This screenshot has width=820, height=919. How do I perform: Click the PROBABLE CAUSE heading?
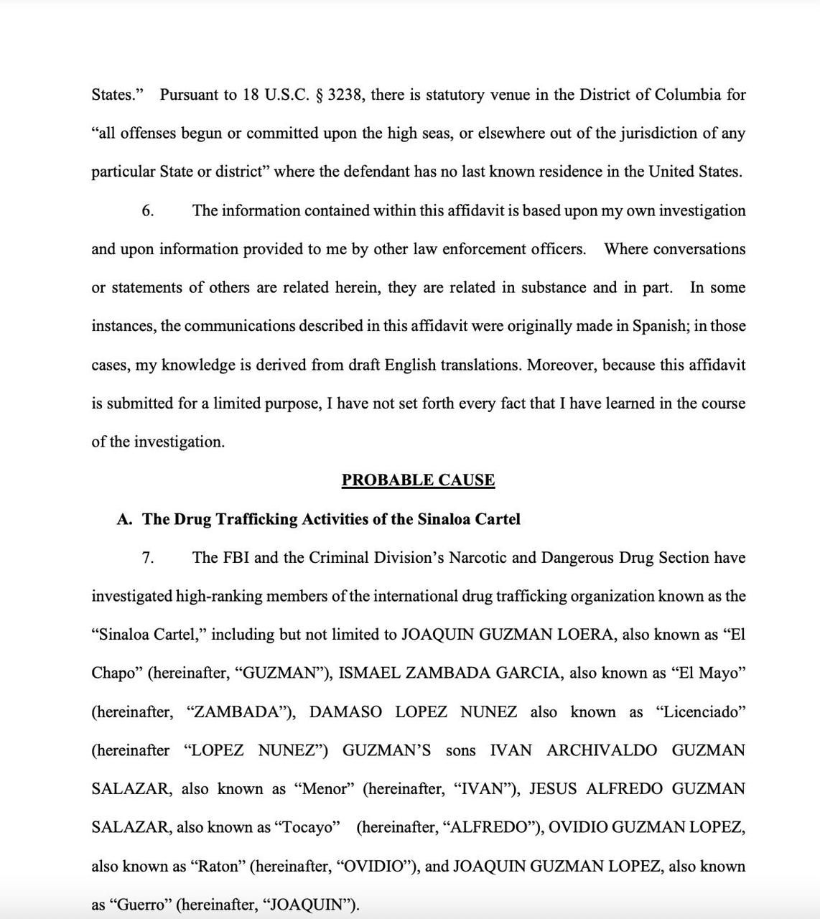418,480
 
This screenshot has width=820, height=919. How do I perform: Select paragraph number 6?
147,211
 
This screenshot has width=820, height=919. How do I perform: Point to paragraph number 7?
147,558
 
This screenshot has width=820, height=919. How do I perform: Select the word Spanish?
659,326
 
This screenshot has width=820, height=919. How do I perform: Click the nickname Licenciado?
701,712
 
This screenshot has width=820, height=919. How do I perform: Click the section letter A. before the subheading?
124,519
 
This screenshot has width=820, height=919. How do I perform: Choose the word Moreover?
562,365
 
